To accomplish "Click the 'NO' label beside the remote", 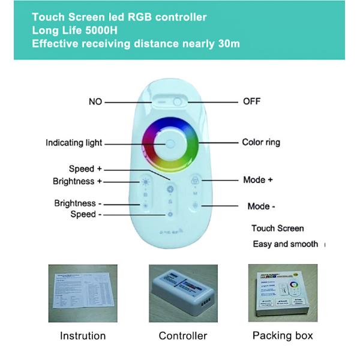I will [x=95, y=101].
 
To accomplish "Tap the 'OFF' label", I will [x=251, y=101].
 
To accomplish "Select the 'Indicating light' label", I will [x=74, y=143].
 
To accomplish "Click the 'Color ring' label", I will [x=261, y=142].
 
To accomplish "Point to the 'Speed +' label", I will [x=85, y=169].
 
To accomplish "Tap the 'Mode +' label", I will [x=258, y=180].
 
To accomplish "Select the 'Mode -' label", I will [x=262, y=206].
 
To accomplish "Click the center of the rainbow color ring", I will [x=170, y=143].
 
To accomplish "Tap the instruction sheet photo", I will [x=82, y=292].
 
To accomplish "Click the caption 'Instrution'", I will [x=83, y=335].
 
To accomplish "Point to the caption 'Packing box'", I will [x=283, y=335].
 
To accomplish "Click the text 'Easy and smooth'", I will [x=286, y=244].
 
